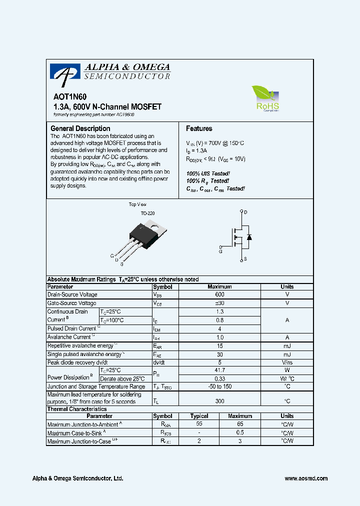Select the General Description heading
tap(80, 128)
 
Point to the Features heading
tap(199, 128)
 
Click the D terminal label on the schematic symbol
tap(245, 212)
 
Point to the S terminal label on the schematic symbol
tap(245, 259)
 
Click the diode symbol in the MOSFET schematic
tap(249, 236)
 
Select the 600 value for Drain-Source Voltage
tap(219, 295)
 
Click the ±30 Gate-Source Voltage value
tap(219, 303)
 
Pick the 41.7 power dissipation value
tap(219, 370)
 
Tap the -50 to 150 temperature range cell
tap(219, 386)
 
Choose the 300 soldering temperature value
tap(219, 401)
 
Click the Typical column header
tap(199, 416)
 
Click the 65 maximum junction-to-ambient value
tap(240, 424)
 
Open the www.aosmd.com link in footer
tap(306, 478)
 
